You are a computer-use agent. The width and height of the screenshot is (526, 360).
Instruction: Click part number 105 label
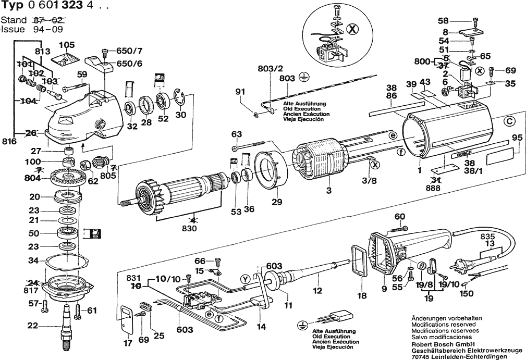tap(67, 45)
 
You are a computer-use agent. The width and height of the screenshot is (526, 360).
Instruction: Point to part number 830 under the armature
tap(189, 229)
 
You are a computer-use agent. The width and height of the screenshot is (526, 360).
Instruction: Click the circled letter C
tap(509, 122)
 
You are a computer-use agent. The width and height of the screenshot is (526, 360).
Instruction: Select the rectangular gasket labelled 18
tap(359, 261)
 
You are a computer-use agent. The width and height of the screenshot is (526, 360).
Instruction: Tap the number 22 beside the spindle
tap(32, 326)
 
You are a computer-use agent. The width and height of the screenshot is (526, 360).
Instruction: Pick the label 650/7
tap(129, 51)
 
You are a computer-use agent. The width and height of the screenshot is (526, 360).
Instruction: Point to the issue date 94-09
tap(48, 29)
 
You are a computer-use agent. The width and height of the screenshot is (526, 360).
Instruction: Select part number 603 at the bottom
tap(185, 329)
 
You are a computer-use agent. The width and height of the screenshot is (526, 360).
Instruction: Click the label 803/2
tap(271, 69)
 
